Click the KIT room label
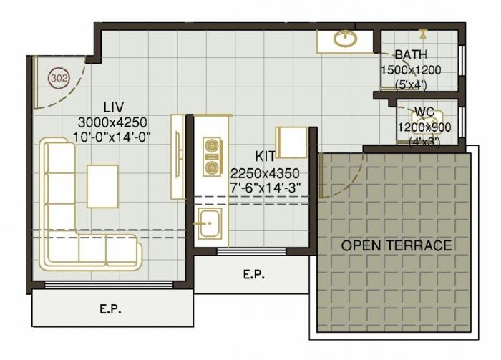tap(266, 156)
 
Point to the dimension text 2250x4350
tap(265, 173)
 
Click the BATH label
tap(411, 54)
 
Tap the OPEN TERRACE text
tap(396, 245)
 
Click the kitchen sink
tap(210, 225)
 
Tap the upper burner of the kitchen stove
tap(211, 147)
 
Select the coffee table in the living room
tap(102, 186)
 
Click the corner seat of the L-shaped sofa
tap(59, 250)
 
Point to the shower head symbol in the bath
tap(423, 33)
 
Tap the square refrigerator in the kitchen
tap(293, 142)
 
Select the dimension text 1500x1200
tap(411, 69)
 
